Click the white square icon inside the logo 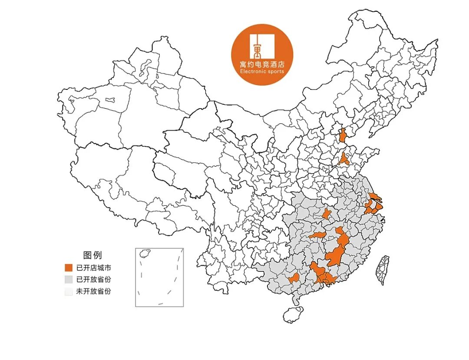coord(261,45)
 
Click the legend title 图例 coord(92,255)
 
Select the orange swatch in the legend coord(68,268)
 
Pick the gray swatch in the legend coord(68,279)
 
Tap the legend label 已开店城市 coord(93,268)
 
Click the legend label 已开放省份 coord(93,279)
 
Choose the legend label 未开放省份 coord(93,291)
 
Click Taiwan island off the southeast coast coord(383,269)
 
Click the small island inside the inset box coord(145,252)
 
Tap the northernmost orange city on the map coord(343,135)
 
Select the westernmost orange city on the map coord(293,278)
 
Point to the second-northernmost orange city coord(344,159)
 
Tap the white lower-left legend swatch coord(68,291)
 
